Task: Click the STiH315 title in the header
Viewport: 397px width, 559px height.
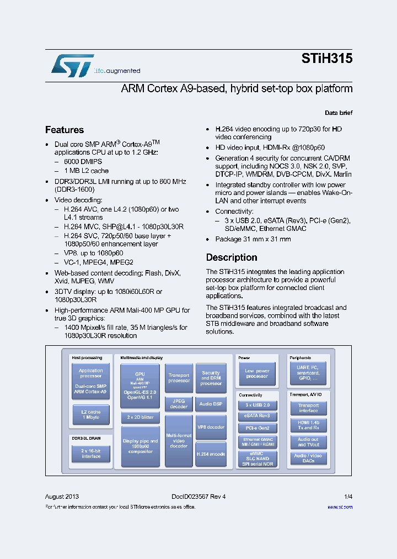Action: [x=327, y=59]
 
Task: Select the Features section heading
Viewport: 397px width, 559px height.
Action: [x=65, y=130]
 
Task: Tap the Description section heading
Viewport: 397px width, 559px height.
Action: [x=232, y=257]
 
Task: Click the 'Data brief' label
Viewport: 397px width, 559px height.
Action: [x=339, y=113]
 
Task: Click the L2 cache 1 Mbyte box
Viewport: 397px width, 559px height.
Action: [x=91, y=414]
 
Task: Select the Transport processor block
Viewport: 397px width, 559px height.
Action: [x=179, y=378]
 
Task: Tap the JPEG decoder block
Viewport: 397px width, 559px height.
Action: [x=179, y=404]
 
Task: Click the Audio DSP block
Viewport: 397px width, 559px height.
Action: [x=211, y=404]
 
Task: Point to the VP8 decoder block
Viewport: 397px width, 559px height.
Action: [x=211, y=427]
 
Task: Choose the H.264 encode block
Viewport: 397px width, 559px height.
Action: [x=211, y=454]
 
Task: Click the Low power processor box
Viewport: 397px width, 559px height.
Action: [x=257, y=374]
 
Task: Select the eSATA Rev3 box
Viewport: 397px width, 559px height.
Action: [x=257, y=416]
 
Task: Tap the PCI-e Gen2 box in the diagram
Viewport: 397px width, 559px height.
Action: [x=257, y=428]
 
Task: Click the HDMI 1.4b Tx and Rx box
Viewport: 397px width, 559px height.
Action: [x=308, y=425]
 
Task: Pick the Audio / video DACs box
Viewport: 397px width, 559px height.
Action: [x=308, y=458]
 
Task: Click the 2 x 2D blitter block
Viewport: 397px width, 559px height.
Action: [x=140, y=417]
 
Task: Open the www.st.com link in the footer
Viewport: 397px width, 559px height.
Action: [x=340, y=507]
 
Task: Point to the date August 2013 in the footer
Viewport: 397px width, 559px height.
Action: [x=62, y=497]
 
